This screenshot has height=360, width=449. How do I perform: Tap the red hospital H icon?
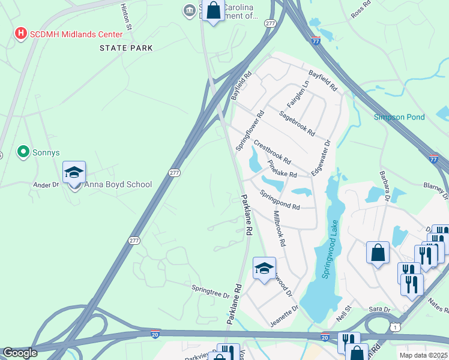(20, 32)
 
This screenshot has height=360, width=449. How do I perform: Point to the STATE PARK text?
(126, 48)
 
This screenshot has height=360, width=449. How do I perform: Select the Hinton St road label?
(125, 16)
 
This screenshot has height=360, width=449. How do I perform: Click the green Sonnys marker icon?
(23, 152)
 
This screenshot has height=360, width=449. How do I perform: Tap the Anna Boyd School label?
(118, 185)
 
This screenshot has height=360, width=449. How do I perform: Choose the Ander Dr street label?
(46, 185)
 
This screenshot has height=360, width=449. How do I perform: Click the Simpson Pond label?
(399, 117)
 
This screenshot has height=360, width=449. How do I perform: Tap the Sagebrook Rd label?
(296, 123)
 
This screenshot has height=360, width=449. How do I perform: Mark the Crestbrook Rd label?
(272, 153)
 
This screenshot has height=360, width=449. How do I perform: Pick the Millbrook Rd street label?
(279, 229)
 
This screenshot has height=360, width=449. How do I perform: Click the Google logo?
(20, 353)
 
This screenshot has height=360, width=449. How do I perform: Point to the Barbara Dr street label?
(384, 185)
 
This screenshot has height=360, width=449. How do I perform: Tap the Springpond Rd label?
(280, 200)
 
